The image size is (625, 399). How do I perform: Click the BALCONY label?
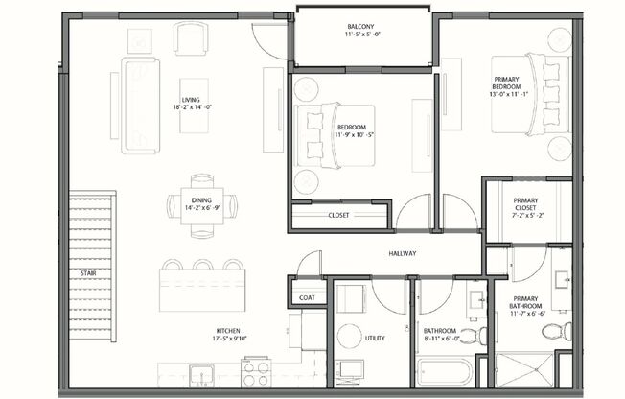point(362,27)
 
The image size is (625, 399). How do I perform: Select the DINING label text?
point(202,176)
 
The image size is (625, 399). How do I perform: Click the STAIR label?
point(87,273)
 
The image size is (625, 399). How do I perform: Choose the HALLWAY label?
point(402,254)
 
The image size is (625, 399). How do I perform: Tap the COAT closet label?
point(307,298)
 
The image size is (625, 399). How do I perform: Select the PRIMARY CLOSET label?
point(525,201)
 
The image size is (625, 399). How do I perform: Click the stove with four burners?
point(256,372)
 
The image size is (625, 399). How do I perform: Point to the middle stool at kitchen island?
point(203,265)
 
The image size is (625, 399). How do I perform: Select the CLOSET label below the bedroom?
point(338,216)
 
